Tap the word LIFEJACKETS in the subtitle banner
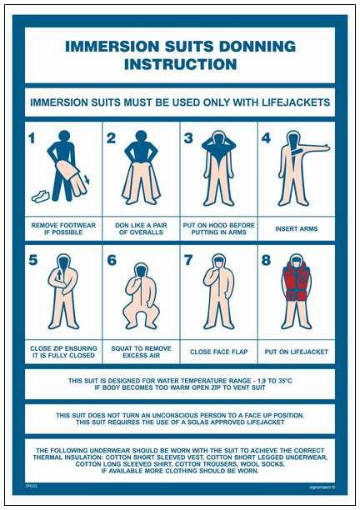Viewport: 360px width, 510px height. [287, 102]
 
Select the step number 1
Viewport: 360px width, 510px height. [31, 138]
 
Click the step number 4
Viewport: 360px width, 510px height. [267, 138]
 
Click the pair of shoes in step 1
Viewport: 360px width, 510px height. [40, 196]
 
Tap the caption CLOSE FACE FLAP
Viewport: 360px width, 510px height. [219, 352]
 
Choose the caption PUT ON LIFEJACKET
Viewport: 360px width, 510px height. [297, 352]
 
